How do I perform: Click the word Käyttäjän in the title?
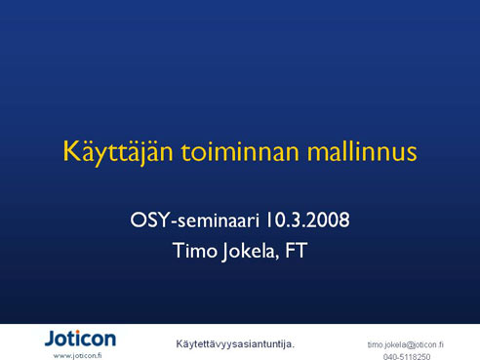pyautogui.click(x=118, y=152)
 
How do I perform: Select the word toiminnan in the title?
pyautogui.click(x=240, y=152)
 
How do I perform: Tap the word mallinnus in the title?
pyautogui.click(x=362, y=151)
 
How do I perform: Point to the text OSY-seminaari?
pyautogui.click(x=194, y=220)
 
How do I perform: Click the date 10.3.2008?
pyautogui.click(x=307, y=220)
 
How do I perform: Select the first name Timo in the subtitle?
pyautogui.click(x=195, y=251)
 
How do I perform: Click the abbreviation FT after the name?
pyautogui.click(x=297, y=250)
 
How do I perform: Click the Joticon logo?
pyautogui.click(x=80, y=339)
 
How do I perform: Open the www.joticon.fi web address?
pyautogui.click(x=77, y=356)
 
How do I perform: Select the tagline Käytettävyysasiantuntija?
pyautogui.click(x=235, y=344)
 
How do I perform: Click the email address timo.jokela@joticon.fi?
pyautogui.click(x=406, y=344)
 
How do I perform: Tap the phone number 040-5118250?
pyautogui.click(x=407, y=357)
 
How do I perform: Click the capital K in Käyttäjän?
pyautogui.click(x=71, y=151)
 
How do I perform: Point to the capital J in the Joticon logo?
pyautogui.click(x=51, y=339)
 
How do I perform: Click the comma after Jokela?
pyautogui.click(x=277, y=259)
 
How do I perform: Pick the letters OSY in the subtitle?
pyautogui.click(x=150, y=220)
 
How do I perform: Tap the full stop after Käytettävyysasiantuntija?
pyautogui.click(x=293, y=347)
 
